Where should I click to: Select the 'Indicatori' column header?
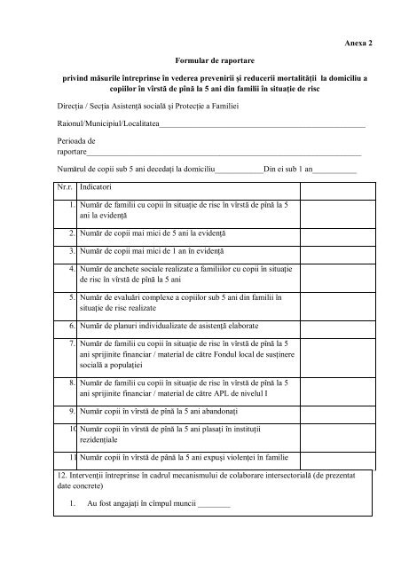[96, 188]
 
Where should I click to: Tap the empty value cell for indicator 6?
[334, 325]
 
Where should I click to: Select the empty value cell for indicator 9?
[334, 413]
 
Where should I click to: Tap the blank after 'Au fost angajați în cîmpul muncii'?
[213, 505]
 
